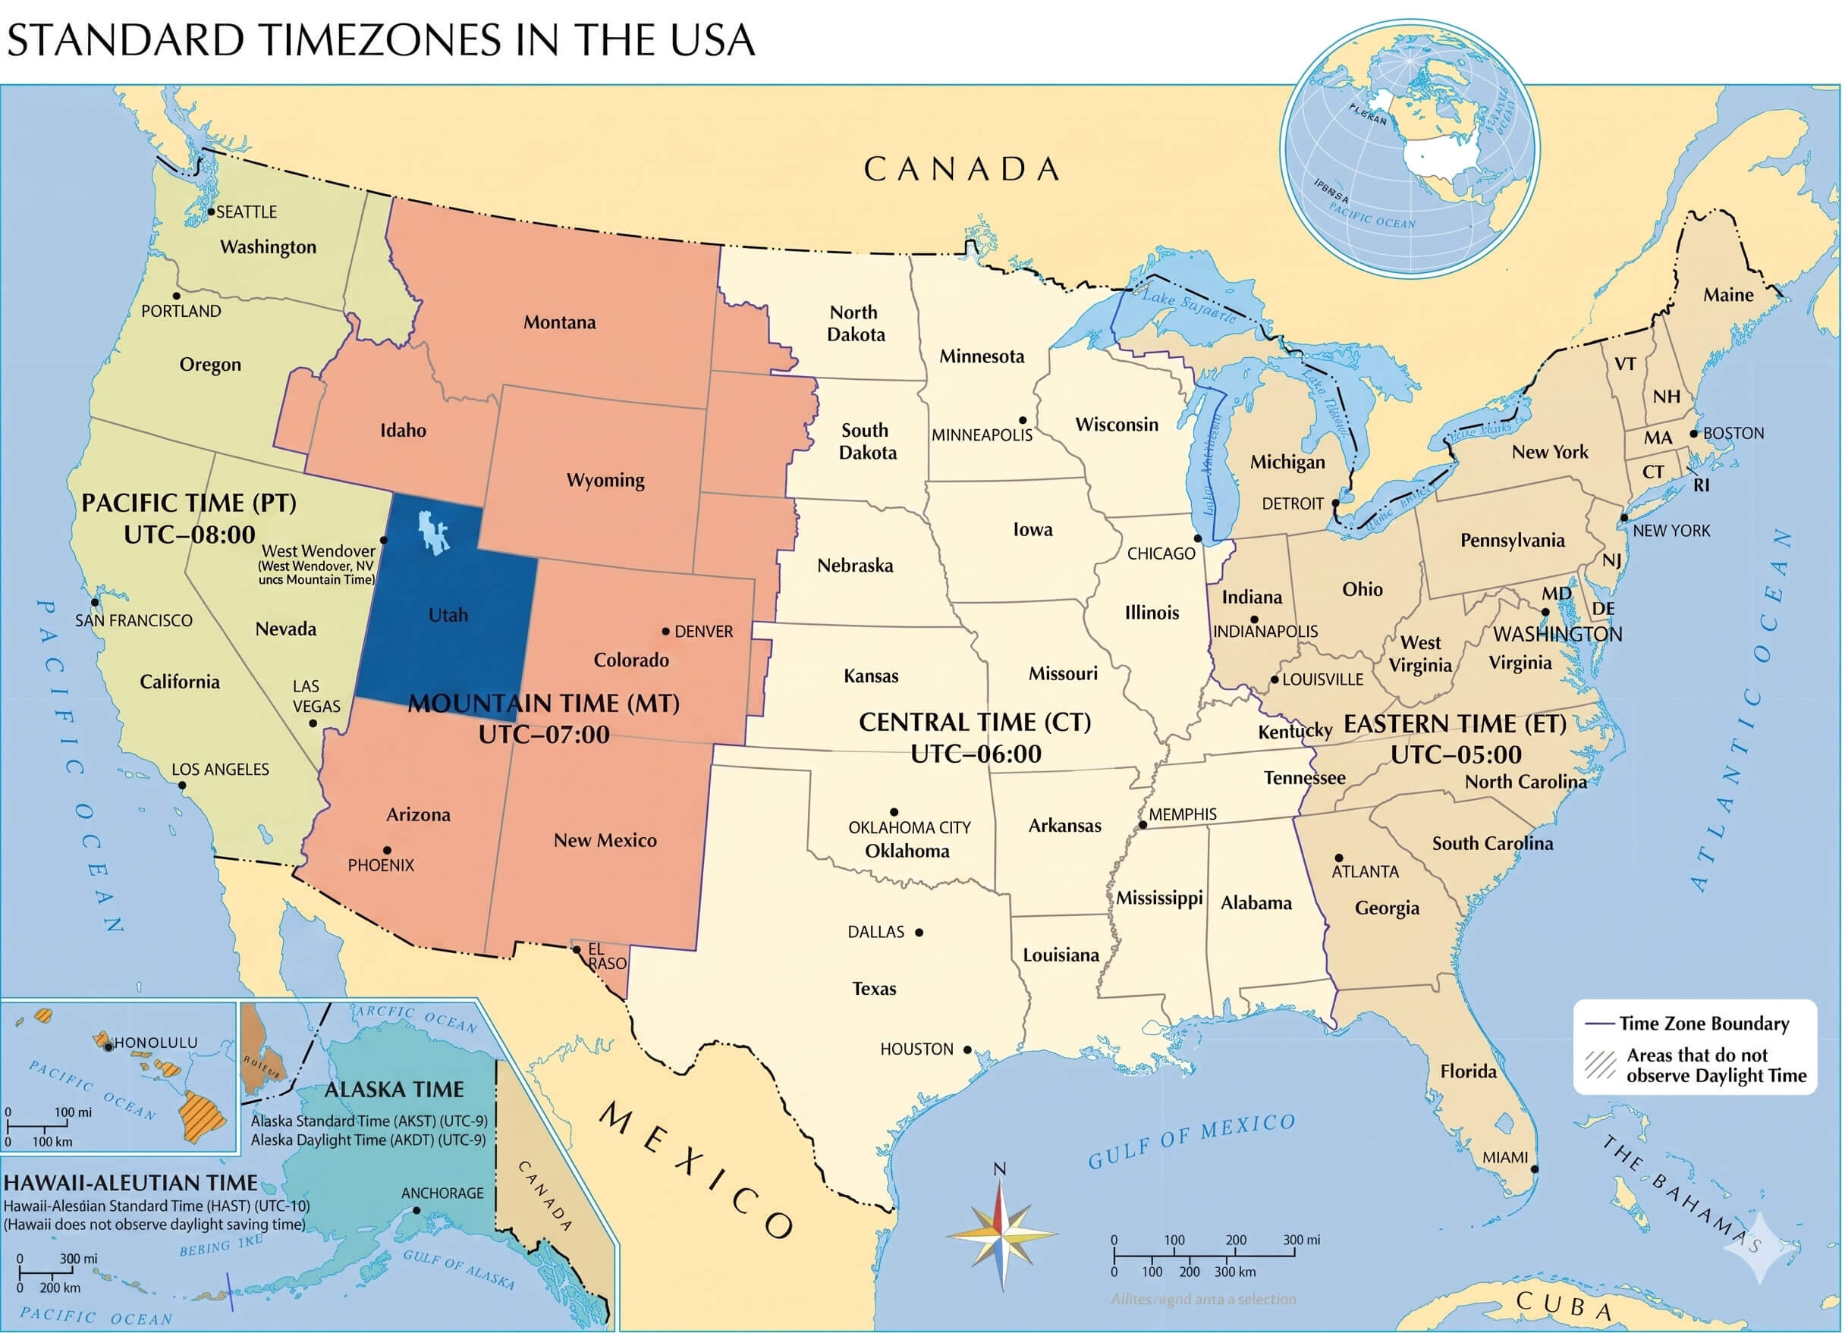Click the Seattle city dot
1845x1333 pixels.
click(211, 212)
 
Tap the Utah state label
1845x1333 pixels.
click(448, 615)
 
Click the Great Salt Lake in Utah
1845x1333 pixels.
click(434, 533)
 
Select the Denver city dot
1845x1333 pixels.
click(665, 631)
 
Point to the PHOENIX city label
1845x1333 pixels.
click(381, 865)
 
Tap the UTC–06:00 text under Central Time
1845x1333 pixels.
click(976, 754)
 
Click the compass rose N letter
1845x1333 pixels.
click(1000, 1168)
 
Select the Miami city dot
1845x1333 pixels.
click(1535, 1169)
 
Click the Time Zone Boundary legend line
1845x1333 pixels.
click(1599, 1024)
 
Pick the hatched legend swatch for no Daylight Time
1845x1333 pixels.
click(1599, 1065)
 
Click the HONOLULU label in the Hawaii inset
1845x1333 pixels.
click(156, 1043)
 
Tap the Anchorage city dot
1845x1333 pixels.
click(416, 1210)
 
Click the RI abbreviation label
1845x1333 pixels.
click(1701, 485)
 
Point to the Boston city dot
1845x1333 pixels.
click(1694, 434)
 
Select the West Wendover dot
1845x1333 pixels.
click(384, 540)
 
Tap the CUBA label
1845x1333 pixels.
click(1564, 1304)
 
